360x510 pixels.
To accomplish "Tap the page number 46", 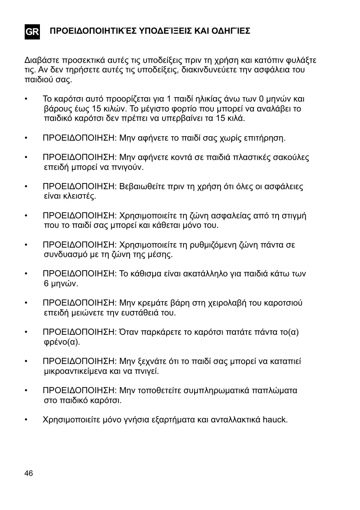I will (29, 473).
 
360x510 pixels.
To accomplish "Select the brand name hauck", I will (275, 420).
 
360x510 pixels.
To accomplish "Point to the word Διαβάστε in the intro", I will (40, 60).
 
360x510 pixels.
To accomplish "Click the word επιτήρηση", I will (263, 138).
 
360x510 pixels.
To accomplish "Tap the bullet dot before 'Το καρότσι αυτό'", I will (26, 99).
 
